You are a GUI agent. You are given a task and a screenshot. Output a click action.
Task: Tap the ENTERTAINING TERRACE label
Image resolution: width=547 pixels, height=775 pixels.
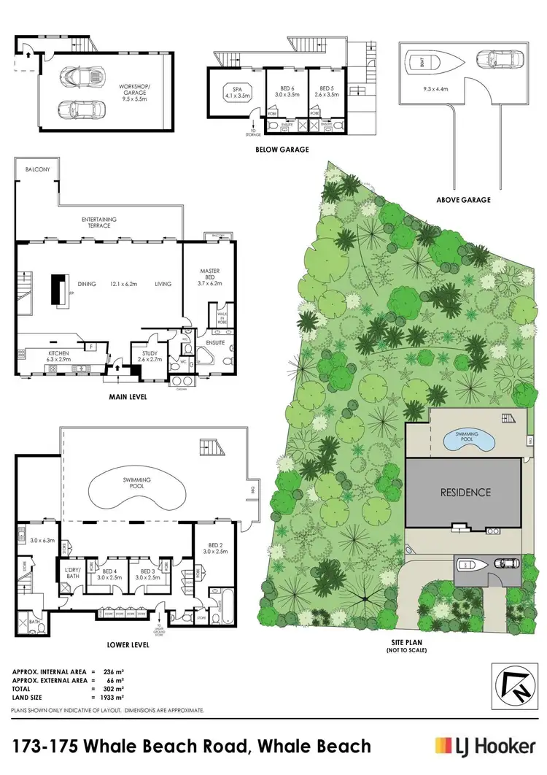[x=99, y=222]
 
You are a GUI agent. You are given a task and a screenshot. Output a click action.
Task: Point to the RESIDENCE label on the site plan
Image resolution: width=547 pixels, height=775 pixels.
[x=465, y=492]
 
